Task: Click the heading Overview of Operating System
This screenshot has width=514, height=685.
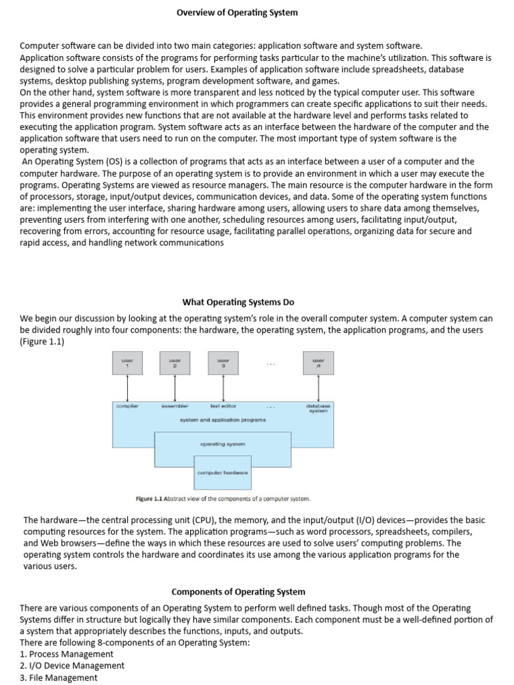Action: pos(238,13)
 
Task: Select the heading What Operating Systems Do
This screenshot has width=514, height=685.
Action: pos(238,302)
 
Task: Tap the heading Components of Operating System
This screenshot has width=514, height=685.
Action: pos(238,591)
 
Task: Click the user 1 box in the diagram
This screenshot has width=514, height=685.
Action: pos(127,363)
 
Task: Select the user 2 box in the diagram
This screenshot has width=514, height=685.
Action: pos(175,363)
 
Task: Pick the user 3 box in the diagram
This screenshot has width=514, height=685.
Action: pos(223,363)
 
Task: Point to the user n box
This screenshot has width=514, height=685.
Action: pos(318,363)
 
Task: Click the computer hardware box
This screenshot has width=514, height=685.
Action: pos(223,472)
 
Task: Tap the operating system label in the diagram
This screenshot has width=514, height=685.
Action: pos(223,444)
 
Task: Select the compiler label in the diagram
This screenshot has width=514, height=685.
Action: pos(127,406)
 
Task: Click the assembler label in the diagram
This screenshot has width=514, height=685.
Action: pos(175,406)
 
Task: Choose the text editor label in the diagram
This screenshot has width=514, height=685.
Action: pos(223,406)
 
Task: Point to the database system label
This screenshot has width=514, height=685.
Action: pos(318,408)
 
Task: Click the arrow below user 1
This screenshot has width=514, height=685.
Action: pos(127,387)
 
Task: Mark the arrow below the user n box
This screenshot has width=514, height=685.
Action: pos(318,387)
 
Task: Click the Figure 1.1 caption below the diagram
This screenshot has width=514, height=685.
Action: pos(223,498)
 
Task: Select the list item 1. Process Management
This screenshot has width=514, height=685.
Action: pos(66,654)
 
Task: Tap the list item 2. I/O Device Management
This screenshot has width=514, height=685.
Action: pos(72,666)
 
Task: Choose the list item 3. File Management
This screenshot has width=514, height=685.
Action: pos(58,678)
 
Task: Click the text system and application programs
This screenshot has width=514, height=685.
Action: pos(223,420)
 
